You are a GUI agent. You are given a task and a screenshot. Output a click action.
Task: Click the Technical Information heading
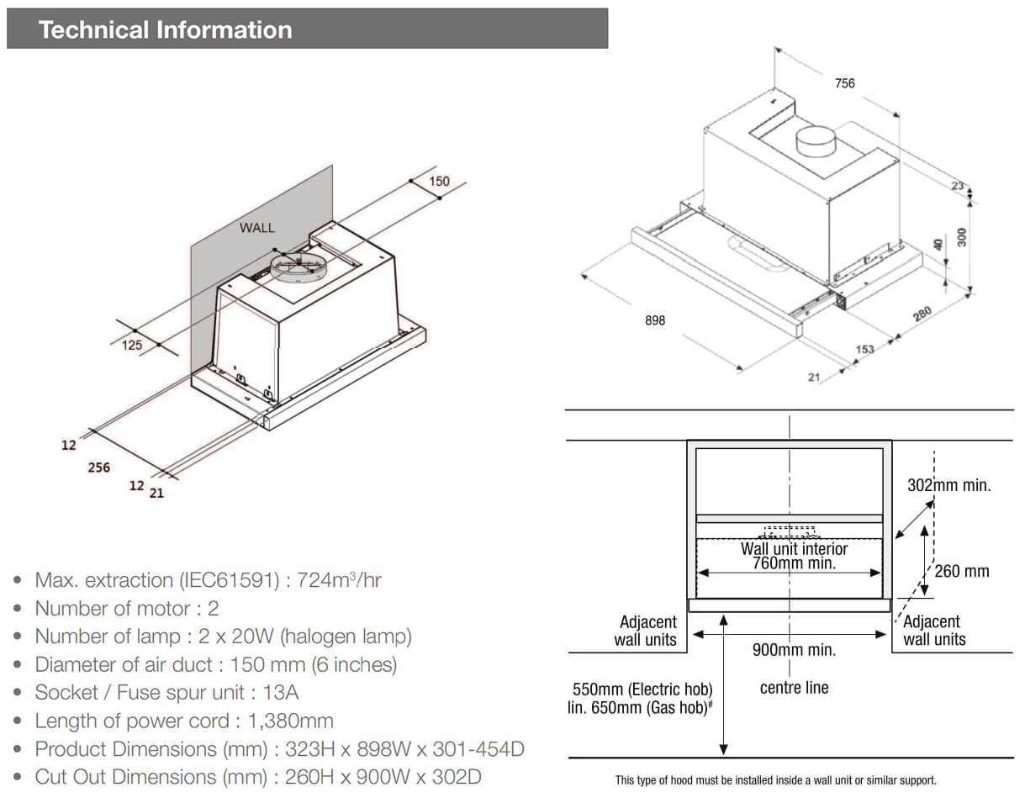(166, 29)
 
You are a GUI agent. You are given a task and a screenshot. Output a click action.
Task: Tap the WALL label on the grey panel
(256, 227)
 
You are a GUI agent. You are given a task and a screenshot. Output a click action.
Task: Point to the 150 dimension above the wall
(439, 181)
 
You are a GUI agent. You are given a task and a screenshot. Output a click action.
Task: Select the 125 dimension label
(132, 345)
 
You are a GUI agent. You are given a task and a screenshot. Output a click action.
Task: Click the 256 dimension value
(98, 467)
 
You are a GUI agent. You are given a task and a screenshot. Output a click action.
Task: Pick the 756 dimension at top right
(844, 83)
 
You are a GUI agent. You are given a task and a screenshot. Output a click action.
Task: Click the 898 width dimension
(655, 320)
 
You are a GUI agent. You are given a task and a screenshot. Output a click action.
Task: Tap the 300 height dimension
(962, 237)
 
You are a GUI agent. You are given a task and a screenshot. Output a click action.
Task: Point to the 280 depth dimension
(922, 314)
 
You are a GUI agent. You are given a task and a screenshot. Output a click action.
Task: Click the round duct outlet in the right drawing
(815, 140)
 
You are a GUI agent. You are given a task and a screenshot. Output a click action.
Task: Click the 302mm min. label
(948, 485)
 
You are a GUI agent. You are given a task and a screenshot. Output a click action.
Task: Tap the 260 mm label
(962, 572)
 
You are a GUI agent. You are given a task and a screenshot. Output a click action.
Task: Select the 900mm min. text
(794, 650)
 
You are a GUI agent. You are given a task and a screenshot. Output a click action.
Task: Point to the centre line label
(794, 688)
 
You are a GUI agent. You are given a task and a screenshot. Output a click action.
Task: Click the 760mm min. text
(794, 563)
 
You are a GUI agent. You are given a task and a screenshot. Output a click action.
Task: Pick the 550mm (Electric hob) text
(642, 689)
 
